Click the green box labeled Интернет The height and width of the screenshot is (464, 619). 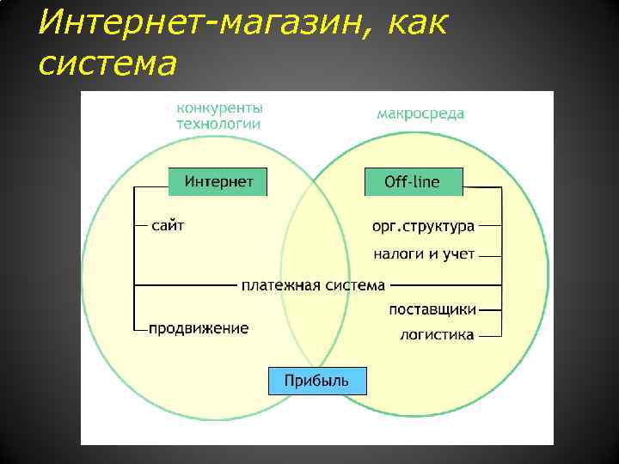point(218,181)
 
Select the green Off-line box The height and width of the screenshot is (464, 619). point(414,181)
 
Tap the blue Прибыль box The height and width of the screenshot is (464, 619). point(317,381)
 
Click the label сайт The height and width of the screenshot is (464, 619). point(168,226)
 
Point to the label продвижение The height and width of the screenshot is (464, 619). point(199,328)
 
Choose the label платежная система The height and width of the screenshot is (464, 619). point(313,284)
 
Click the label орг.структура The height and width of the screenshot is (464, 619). point(423,227)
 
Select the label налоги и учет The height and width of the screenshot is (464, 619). point(424,255)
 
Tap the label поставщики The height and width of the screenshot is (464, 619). point(432,308)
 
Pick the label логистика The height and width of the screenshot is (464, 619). point(437,334)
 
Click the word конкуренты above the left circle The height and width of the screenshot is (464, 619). point(219,108)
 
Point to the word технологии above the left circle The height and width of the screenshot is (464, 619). point(218,124)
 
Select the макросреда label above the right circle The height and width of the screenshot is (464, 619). point(420,113)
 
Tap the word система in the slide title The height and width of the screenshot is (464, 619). point(107,62)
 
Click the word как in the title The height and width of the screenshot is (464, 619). point(416,22)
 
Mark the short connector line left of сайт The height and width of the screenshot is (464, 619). point(142,227)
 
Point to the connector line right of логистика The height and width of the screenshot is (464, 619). point(489,334)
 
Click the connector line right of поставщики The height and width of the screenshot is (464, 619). point(490,308)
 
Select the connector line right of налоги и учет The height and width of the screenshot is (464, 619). point(489,255)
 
